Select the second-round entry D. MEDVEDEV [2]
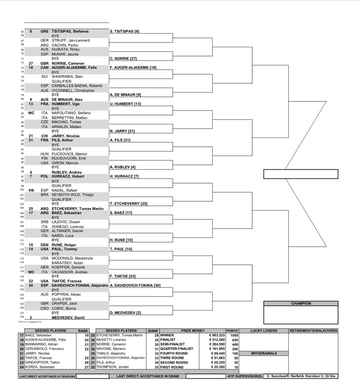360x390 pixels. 125,312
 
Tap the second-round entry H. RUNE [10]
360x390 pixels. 121,239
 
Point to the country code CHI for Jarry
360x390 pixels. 44,136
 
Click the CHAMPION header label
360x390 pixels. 301,303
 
